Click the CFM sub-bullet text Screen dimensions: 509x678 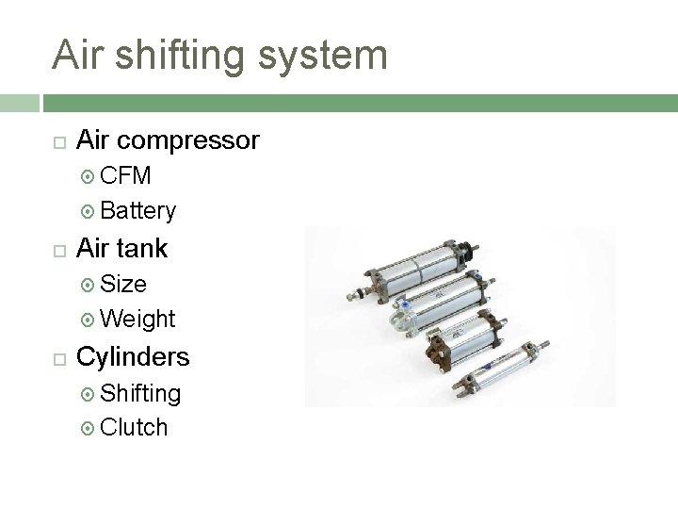pos(125,176)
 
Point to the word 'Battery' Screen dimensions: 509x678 pos(137,210)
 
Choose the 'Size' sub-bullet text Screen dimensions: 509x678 pos(123,284)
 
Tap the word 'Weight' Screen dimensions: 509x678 pos(137,319)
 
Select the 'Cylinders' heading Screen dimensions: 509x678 pos(133,357)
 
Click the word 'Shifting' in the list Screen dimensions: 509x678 pos(140,393)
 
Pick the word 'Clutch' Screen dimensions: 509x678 pos(134,427)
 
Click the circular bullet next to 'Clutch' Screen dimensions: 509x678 pos(89,428)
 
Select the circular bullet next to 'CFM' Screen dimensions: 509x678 pos(89,177)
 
